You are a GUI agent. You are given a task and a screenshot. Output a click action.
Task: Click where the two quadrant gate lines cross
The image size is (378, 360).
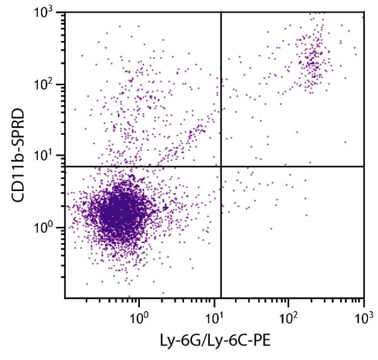click(221, 166)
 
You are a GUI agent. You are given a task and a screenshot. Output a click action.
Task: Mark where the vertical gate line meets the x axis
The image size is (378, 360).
click(221, 298)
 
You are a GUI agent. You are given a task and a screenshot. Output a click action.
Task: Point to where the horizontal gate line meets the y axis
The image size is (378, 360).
click(65, 166)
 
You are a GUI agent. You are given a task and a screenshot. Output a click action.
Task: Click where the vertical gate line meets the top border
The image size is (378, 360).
click(221, 12)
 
